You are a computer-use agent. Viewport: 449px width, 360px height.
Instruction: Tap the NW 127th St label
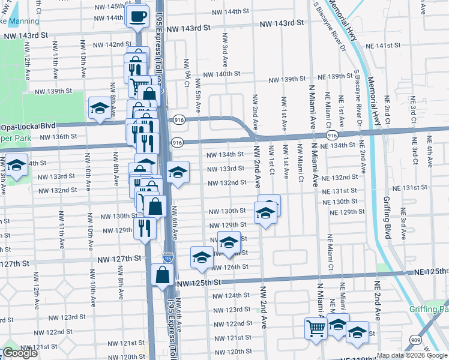click(x=120, y=258)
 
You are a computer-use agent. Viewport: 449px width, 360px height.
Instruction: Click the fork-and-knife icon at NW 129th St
click(x=145, y=227)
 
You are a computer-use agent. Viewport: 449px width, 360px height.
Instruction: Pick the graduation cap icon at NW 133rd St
click(x=177, y=172)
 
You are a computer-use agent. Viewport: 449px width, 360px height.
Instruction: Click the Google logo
click(x=20, y=353)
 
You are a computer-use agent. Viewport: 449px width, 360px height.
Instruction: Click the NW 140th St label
click(x=221, y=74)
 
